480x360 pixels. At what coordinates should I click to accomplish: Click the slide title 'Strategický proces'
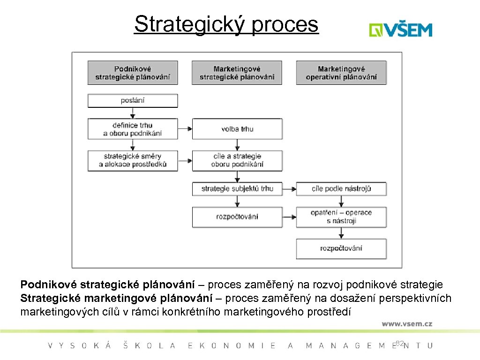(226, 24)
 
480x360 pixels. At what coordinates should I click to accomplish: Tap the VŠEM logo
(400, 30)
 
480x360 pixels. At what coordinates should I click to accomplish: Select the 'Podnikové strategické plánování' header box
(133, 73)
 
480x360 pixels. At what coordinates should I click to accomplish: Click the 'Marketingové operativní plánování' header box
(341, 73)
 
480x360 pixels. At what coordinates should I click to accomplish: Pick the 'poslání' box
(133, 100)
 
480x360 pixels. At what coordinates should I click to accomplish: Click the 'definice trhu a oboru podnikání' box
(133, 129)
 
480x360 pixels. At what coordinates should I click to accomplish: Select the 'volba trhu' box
(237, 129)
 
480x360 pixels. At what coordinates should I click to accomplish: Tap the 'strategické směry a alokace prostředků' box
(133, 160)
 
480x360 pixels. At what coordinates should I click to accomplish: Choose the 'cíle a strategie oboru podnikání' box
(237, 160)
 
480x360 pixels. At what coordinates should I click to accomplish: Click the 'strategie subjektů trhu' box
(237, 189)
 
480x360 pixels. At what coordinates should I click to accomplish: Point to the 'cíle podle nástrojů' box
(341, 189)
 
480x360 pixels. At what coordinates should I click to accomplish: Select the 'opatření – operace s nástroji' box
(341, 217)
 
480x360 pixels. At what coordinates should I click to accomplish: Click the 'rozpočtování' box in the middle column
(237, 217)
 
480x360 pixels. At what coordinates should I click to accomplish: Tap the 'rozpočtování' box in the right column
(341, 248)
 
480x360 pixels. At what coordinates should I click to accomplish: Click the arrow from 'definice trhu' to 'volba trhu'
(185, 129)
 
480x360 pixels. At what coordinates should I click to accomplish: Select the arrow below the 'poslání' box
(133, 113)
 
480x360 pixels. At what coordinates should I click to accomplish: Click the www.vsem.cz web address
(406, 323)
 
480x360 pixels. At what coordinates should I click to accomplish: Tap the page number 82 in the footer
(399, 344)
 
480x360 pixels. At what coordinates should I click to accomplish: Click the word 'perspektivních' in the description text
(415, 298)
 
